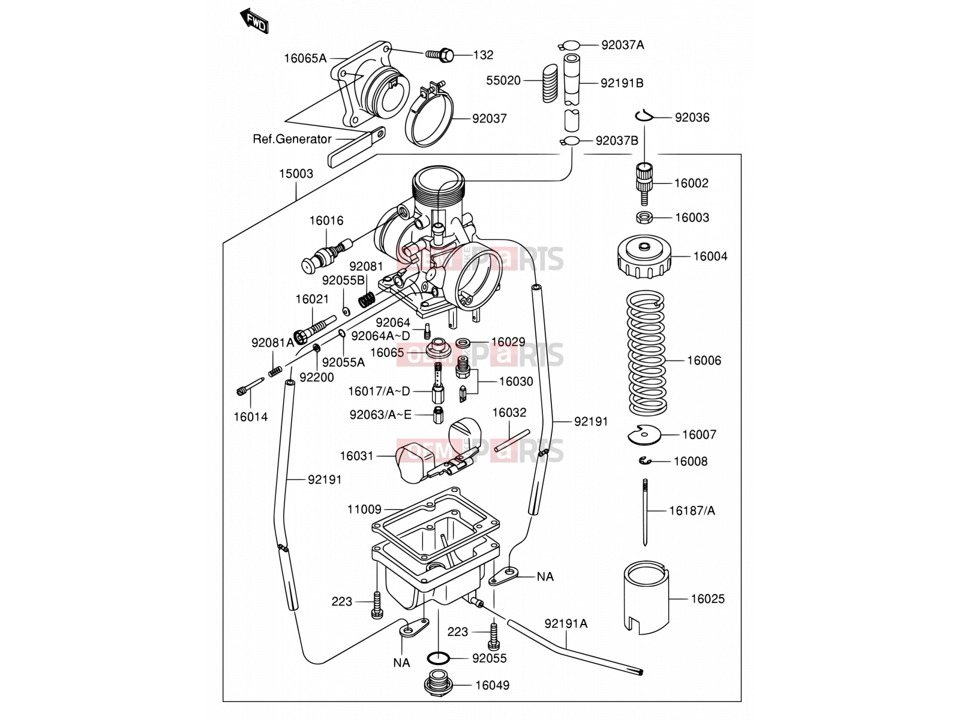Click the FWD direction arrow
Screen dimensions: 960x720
pos(254,20)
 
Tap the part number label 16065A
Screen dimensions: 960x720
pos(305,58)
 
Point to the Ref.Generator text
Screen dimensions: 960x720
pos(292,139)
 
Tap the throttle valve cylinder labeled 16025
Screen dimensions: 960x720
pos(646,597)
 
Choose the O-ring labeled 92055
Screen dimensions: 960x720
pos(438,658)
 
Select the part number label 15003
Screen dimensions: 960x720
pos(296,174)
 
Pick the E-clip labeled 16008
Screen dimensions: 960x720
pos(644,461)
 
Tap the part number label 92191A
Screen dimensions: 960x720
pos(566,624)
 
